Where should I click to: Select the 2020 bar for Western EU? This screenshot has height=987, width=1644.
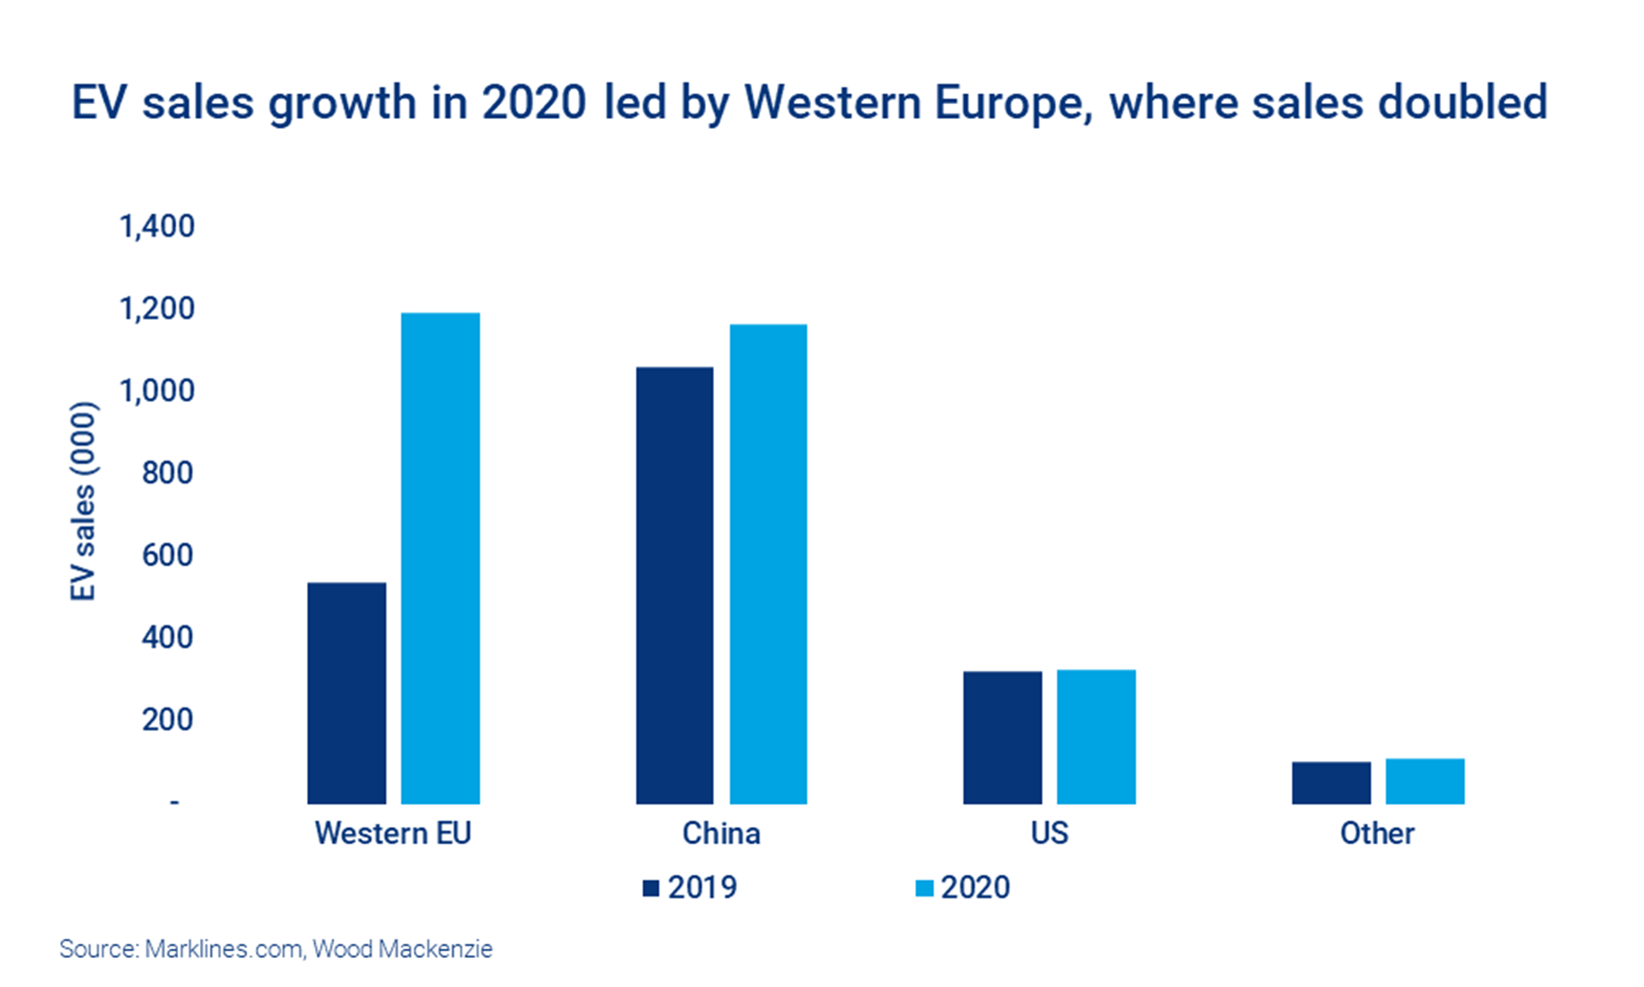click(x=440, y=558)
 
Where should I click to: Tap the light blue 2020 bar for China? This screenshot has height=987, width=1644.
click(x=768, y=564)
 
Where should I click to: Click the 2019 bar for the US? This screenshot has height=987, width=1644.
click(x=1002, y=738)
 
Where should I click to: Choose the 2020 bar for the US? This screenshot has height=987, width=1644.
click(x=1096, y=737)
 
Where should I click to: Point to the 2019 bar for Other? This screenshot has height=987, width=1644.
click(x=1331, y=782)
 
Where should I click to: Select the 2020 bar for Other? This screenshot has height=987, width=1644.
click(x=1425, y=780)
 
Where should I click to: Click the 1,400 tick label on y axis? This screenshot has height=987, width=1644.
click(x=157, y=226)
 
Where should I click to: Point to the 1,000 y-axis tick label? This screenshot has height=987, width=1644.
click(x=157, y=390)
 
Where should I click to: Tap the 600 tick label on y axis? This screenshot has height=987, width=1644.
click(x=167, y=555)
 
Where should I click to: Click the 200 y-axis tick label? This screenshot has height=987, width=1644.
click(x=167, y=719)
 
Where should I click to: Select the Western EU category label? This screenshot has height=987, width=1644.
click(x=393, y=833)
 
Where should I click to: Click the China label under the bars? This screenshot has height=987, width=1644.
click(x=721, y=833)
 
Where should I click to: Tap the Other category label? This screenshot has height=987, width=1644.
click(x=1376, y=833)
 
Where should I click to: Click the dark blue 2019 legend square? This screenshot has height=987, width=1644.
click(x=651, y=887)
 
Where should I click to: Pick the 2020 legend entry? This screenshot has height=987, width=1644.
click(x=964, y=887)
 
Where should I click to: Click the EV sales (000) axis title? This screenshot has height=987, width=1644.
click(x=83, y=501)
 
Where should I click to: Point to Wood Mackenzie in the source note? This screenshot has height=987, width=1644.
click(x=402, y=949)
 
